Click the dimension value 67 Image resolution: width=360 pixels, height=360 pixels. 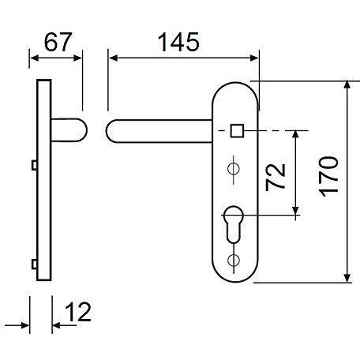point(58,42)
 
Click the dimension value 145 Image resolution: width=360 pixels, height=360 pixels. point(178,42)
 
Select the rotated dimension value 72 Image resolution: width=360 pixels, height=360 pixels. point(276,177)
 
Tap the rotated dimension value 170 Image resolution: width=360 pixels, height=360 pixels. point(328,177)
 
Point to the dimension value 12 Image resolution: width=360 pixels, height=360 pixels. point(78,312)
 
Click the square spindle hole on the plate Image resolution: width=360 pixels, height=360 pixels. point(238,130)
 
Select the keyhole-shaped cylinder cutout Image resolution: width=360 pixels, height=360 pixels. point(233,224)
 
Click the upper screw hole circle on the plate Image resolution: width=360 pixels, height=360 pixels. point(234,168)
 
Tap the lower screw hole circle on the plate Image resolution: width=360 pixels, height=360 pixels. point(234,260)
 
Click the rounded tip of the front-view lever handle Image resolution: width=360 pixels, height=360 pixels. point(107,131)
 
